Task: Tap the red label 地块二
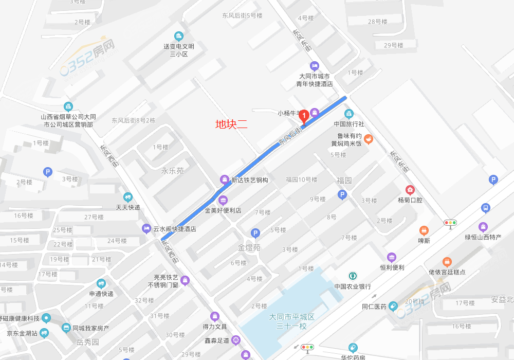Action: pyautogui.click(x=231, y=123)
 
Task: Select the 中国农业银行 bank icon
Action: pyautogui.click(x=353, y=276)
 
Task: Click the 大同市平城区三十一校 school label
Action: pyautogui.click(x=291, y=321)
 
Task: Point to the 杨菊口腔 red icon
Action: pyautogui.click(x=410, y=190)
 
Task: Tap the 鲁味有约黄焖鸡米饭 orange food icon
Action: pyautogui.click(x=368, y=139)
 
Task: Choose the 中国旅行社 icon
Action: pyautogui.click(x=349, y=114)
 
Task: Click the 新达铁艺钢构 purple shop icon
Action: pyautogui.click(x=225, y=179)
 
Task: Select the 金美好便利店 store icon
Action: pyautogui.click(x=223, y=200)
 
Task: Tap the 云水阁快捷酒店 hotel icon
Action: pyautogui.click(x=146, y=228)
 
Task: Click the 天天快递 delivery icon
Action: pyautogui.click(x=127, y=196)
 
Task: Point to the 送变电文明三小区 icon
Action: pyautogui.click(x=178, y=36)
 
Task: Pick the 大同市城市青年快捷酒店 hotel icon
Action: pyautogui.click(x=315, y=66)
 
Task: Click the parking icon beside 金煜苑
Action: pyautogui.click(x=255, y=233)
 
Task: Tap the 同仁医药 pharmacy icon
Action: pyautogui.click(x=393, y=307)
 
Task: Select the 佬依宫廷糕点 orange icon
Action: pyautogui.click(x=447, y=262)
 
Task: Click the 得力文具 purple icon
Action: pyautogui.click(x=214, y=316)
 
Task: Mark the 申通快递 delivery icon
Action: pyautogui.click(x=101, y=283)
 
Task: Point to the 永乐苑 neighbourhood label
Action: pyautogui.click(x=172, y=171)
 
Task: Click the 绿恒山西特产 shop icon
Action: pyautogui.click(x=483, y=227)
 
